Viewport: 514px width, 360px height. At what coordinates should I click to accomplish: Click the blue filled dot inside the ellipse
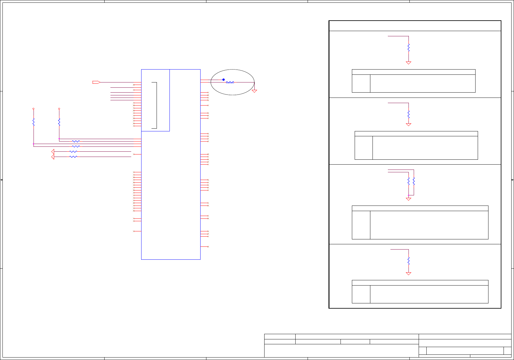pyautogui.click(x=224, y=80)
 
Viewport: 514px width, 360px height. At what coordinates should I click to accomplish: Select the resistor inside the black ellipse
pyautogui.click(x=230, y=82)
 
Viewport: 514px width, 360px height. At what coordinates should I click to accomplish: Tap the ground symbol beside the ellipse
pyautogui.click(x=254, y=91)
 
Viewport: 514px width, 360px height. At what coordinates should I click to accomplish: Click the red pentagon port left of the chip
pyautogui.click(x=96, y=82)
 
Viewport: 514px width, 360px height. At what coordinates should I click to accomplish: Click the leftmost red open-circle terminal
pyautogui.click(x=34, y=109)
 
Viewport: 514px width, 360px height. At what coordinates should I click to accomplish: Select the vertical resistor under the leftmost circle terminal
pyautogui.click(x=34, y=122)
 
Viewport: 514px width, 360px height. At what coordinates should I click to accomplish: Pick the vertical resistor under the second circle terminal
pyautogui.click(x=59, y=122)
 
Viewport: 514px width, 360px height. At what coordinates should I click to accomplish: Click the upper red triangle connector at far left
pyautogui.click(x=53, y=151)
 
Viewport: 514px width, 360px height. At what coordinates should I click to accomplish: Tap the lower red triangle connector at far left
pyautogui.click(x=53, y=157)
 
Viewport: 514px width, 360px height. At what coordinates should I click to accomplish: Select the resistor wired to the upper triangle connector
pyautogui.click(x=73, y=152)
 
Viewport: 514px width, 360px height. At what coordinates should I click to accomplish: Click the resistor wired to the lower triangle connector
pyautogui.click(x=73, y=157)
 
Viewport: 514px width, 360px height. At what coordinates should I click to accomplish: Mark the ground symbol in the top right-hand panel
pyautogui.click(x=408, y=63)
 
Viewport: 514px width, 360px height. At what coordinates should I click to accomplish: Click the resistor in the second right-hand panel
pyautogui.click(x=408, y=114)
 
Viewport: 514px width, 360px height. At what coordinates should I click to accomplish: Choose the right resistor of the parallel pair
pyautogui.click(x=414, y=181)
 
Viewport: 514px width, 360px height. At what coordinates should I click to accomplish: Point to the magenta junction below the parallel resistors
pyautogui.click(x=408, y=195)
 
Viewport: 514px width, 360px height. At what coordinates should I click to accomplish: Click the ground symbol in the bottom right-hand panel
pyautogui.click(x=408, y=274)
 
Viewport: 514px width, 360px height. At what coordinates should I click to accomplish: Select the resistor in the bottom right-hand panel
pyautogui.click(x=408, y=261)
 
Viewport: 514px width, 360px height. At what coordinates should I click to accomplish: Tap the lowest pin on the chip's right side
pyautogui.click(x=205, y=247)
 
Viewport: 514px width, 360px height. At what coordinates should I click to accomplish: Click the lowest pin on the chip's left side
pyautogui.click(x=137, y=231)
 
